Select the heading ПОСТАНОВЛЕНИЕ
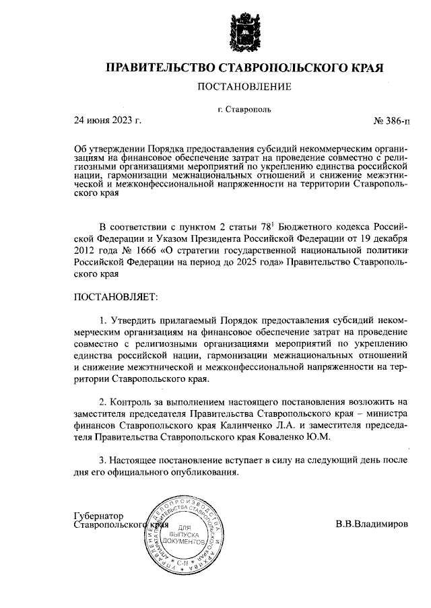(244, 87)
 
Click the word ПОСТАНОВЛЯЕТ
(114, 296)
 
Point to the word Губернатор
(99, 515)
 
